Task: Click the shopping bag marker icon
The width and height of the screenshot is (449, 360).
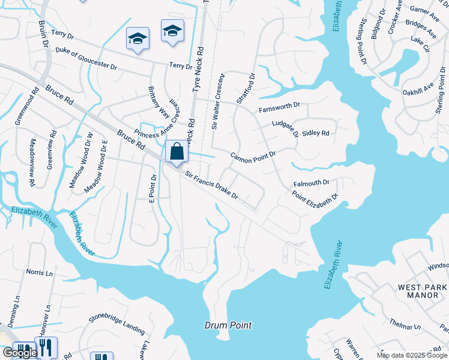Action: (177, 152)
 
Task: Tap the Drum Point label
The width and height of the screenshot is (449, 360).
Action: (227, 326)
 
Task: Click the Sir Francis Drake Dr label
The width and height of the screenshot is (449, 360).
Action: (212, 186)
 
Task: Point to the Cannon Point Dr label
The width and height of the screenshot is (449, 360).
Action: (253, 155)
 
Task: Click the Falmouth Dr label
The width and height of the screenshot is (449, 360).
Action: (312, 182)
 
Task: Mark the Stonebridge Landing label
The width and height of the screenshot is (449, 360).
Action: (117, 323)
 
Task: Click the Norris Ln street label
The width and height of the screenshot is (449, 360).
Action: (39, 272)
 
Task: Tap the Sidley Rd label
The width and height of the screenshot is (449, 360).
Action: (316, 133)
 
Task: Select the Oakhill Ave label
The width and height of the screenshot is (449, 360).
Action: (418, 89)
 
